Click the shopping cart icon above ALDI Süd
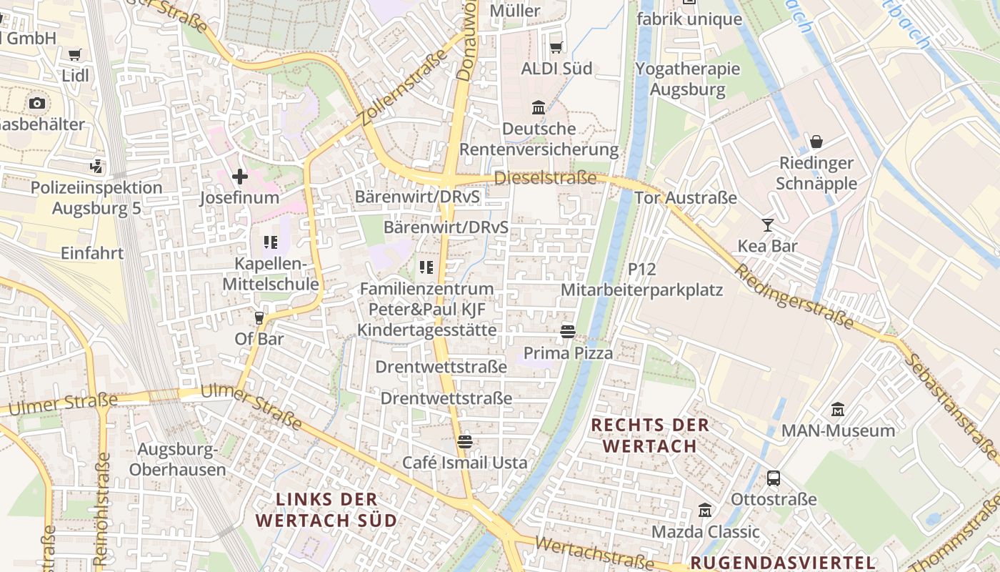pos(556,47)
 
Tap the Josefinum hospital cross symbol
pos(240,176)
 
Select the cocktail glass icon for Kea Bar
pos(768,225)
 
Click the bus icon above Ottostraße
pos(774,478)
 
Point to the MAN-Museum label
pos(838,430)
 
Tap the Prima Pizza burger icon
pos(568,332)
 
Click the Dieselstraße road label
pos(545,178)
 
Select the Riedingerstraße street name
pos(794,297)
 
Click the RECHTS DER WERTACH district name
pos(650,435)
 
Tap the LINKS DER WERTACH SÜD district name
pos(326,509)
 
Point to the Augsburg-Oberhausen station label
pos(178,460)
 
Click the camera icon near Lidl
pos(37,103)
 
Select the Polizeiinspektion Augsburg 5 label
pos(96,198)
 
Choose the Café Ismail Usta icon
pos(465,442)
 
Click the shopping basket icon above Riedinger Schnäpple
pos(816,142)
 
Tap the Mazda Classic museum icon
pos(706,511)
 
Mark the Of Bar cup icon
pos(259,317)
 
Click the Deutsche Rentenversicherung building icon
pos(539,108)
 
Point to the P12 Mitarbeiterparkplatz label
pos(642,280)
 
